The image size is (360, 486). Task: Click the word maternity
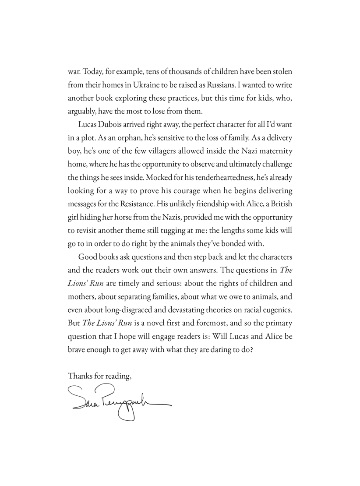(275, 151)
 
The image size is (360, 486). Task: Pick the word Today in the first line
(92, 70)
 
